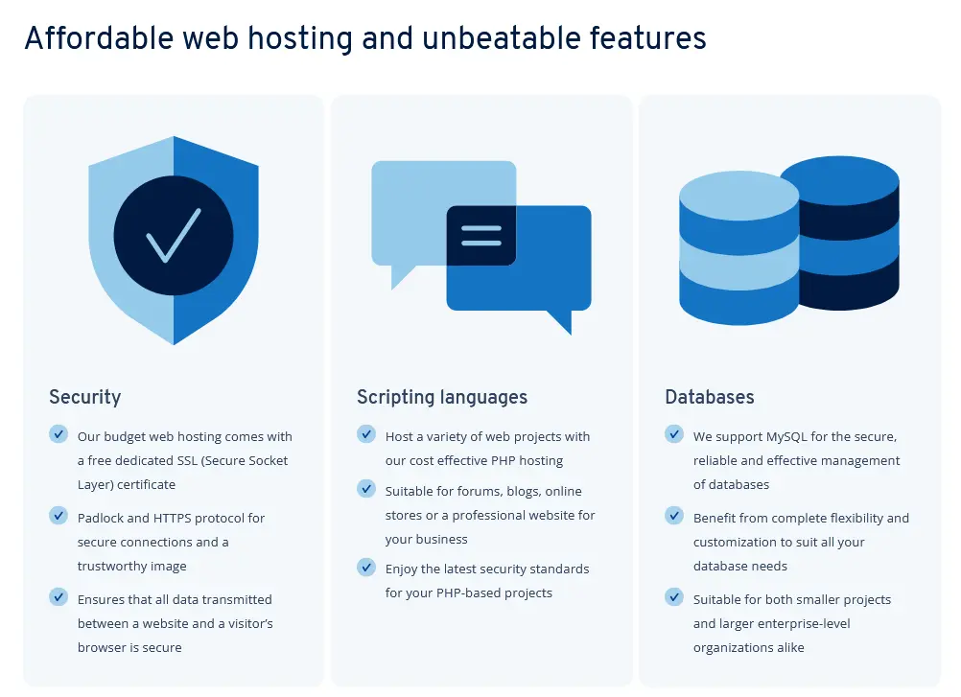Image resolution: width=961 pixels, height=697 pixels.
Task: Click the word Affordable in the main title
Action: pos(95,38)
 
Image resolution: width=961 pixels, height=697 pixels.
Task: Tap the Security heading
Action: pos(85,397)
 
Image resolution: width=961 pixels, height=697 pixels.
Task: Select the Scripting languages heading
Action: pos(442,397)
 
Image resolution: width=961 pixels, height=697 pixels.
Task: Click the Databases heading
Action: pos(710,397)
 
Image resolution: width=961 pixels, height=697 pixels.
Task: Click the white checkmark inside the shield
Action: pos(174,234)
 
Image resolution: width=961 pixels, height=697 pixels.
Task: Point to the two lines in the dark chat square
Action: pos(481,236)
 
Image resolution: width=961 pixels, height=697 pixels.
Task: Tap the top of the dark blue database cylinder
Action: pos(839,178)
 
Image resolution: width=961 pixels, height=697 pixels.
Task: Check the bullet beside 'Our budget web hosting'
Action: pos(59,434)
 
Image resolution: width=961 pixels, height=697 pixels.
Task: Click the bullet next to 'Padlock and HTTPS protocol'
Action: pos(59,516)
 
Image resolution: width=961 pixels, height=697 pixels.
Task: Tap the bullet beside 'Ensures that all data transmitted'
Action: pos(59,597)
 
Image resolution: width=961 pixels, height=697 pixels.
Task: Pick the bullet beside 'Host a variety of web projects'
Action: pos(366,434)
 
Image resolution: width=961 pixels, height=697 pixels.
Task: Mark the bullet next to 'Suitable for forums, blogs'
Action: pos(366,489)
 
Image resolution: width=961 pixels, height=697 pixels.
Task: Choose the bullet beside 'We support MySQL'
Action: pos(674,434)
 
